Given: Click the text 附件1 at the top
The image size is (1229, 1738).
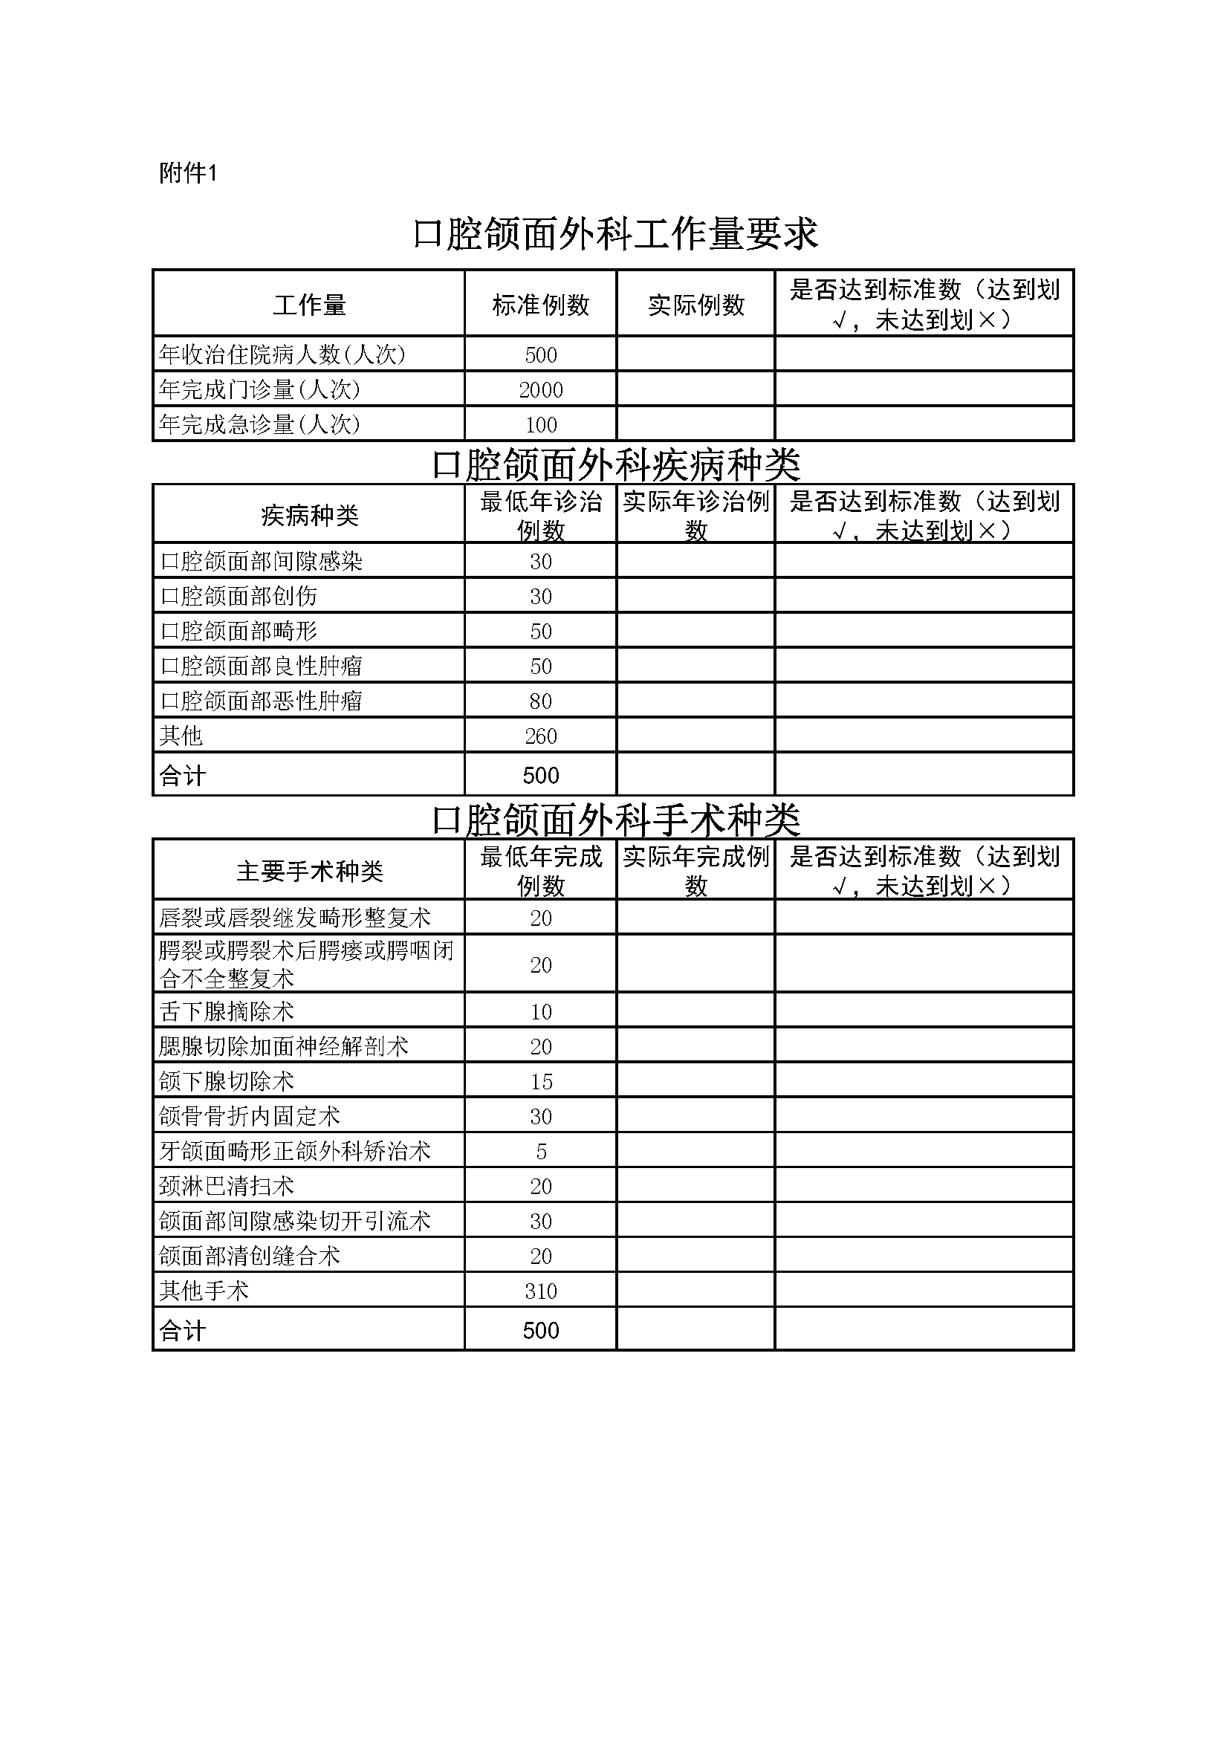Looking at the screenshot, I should coord(189,173).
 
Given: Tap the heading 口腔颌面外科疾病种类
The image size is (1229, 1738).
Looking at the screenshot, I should coord(614,464).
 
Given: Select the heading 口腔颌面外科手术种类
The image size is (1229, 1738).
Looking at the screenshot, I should coord(614,819).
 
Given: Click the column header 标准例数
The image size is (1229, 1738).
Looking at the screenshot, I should coord(540,305).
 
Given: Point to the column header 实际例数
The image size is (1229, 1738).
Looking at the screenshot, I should coord(696,305).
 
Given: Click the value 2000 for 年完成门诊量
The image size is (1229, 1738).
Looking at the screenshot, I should coord(540,390).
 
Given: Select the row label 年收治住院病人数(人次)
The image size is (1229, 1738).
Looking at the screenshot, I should coord(282,354).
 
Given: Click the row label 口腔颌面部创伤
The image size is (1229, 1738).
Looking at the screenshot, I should coord(239,597).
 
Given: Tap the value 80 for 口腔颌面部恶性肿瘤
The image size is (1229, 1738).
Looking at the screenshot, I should coord(540,701).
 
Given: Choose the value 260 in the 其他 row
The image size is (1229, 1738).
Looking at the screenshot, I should coord(540,736).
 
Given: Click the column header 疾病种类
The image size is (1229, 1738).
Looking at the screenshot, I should coord(309,516).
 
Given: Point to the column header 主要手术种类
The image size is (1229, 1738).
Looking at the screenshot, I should coord(309,872).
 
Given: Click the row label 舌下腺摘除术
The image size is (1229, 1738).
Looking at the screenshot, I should coord(227,1011).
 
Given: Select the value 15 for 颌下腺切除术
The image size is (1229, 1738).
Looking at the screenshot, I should coord(540,1082).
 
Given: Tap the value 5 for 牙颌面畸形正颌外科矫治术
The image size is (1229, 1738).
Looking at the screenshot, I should coord(540,1151).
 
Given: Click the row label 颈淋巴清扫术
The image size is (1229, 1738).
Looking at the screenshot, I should coord(227,1186).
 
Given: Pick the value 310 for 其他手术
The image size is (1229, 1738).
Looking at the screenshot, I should coord(540,1291).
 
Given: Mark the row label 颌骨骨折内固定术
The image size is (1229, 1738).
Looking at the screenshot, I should coord(249,1117).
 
